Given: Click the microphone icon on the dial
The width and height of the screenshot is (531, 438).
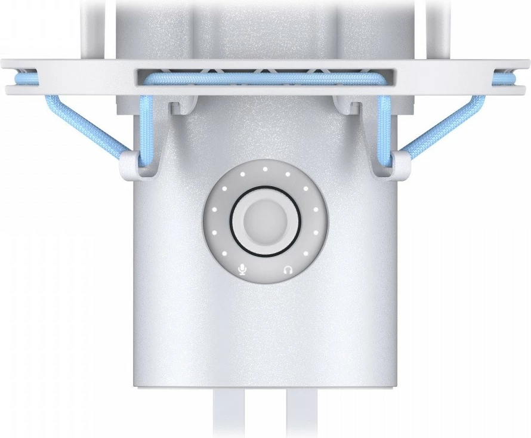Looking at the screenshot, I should (x=242, y=270).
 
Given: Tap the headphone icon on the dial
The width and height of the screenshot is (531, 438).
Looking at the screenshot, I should (x=288, y=270).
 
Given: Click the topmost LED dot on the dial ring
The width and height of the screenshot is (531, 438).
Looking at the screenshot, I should (x=265, y=169).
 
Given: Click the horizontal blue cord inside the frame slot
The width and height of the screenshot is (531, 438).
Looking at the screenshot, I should (x=265, y=78).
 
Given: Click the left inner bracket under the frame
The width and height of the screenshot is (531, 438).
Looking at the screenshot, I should (x=181, y=108).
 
